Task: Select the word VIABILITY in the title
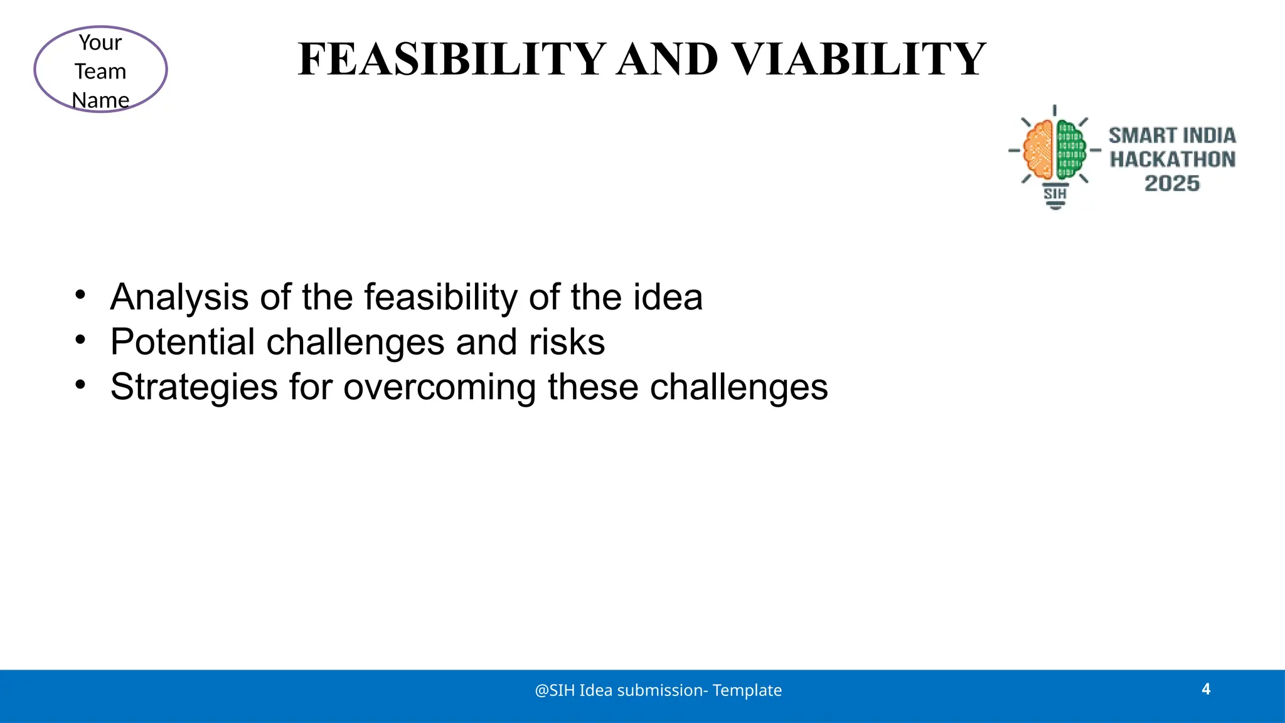(859, 60)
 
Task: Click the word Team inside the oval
(100, 72)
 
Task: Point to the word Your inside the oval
(100, 43)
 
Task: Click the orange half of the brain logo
(1039, 150)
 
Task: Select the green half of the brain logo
(1070, 150)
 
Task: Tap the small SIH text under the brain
(1055, 193)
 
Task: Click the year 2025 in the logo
(1171, 183)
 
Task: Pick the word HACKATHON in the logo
(1172, 159)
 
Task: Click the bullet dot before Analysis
(80, 294)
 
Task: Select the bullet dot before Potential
(80, 340)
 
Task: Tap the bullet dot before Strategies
(80, 384)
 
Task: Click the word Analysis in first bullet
(179, 297)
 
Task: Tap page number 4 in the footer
(1205, 689)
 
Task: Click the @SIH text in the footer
(555, 690)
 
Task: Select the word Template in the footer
(747, 690)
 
